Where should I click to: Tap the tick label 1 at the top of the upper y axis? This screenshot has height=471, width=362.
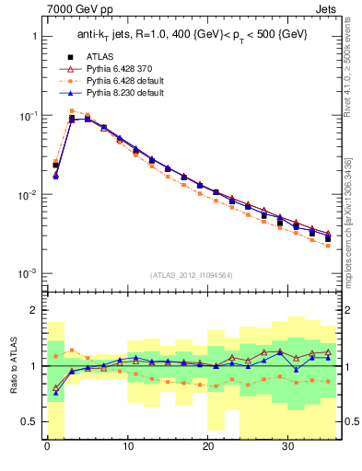pos(35,37)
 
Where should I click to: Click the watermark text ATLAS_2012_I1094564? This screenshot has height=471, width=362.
pos(192,273)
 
